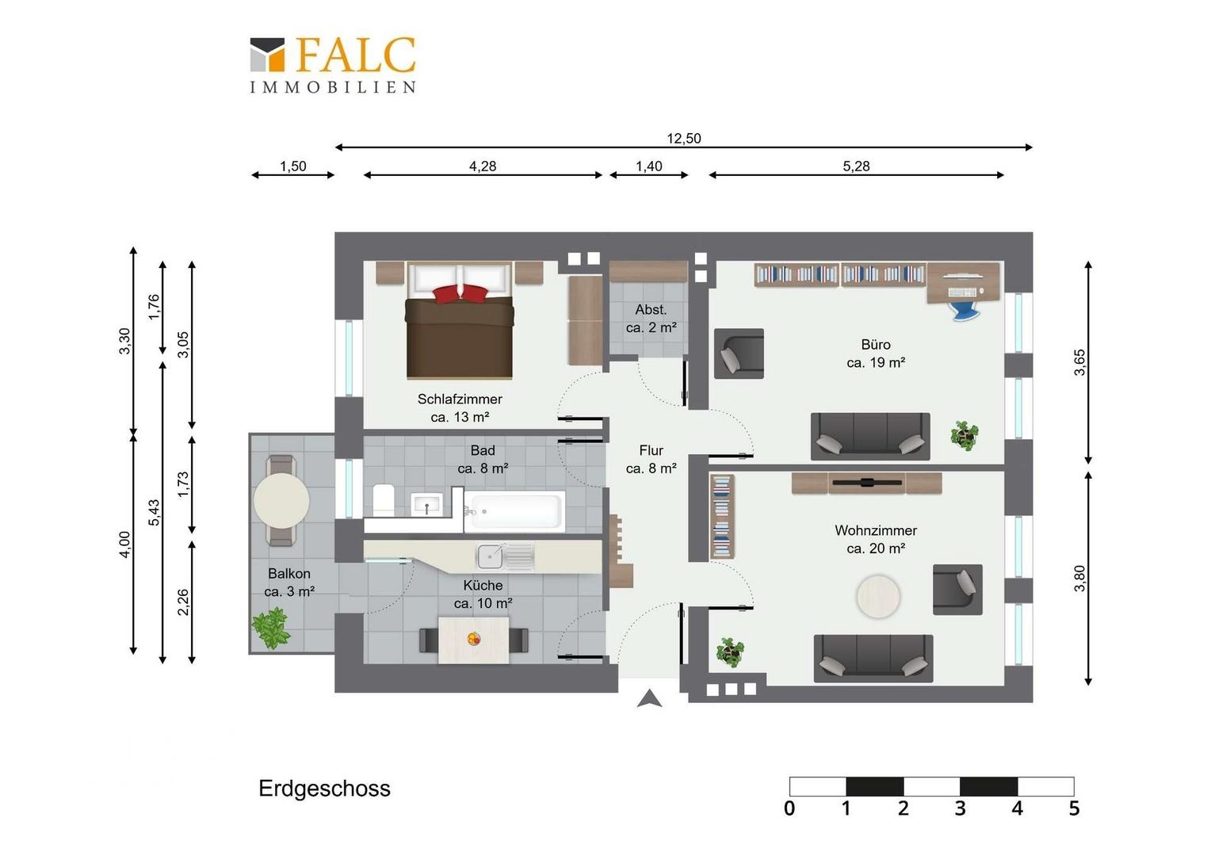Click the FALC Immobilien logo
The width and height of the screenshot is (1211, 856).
click(x=333, y=65)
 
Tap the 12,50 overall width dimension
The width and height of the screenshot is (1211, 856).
click(x=684, y=139)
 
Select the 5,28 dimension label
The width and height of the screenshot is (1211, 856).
click(x=857, y=166)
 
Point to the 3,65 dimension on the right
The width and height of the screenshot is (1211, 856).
click(x=1079, y=362)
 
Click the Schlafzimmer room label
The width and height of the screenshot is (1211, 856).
click(x=460, y=399)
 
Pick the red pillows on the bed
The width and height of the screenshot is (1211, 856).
click(x=460, y=293)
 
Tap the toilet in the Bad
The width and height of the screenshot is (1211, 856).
click(x=384, y=500)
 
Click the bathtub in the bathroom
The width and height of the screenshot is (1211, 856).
click(x=514, y=510)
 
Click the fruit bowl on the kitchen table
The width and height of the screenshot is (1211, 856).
click(x=474, y=639)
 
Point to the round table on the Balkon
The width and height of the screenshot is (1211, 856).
click(x=281, y=501)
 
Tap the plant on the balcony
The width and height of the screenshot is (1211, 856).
click(x=271, y=628)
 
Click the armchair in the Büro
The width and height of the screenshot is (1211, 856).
click(x=739, y=353)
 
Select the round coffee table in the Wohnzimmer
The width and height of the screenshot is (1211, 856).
click(x=878, y=597)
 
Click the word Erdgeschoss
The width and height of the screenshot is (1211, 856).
click(x=324, y=789)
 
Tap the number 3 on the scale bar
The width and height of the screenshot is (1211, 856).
click(x=960, y=809)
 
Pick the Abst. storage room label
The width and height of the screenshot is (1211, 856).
click(x=651, y=310)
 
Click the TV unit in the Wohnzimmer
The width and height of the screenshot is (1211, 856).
click(x=866, y=483)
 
